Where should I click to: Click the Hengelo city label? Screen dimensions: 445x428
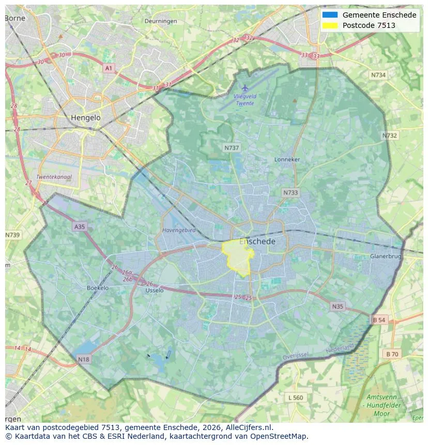tap(86, 118)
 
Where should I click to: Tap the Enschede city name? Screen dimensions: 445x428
tap(257, 241)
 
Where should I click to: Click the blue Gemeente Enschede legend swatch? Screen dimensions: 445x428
tap(330, 15)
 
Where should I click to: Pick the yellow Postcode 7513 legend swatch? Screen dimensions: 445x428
tap(330, 25)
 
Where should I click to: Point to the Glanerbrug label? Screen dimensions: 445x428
tap(386, 256)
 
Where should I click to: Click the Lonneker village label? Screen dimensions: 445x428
tap(287, 160)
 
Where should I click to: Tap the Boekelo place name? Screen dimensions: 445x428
tap(98, 288)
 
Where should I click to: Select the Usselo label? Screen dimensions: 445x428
tap(155, 290)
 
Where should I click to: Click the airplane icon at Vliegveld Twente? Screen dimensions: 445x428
tap(245, 88)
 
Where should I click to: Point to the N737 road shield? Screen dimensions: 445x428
tap(232, 148)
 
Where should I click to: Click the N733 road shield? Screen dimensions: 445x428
tap(291, 193)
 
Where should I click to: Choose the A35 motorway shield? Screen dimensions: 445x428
tap(79, 227)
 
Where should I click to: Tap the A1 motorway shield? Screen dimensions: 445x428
tap(108, 68)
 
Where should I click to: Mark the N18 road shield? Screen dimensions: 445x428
tap(83, 359)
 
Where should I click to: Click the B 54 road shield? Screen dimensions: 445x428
tap(379, 320)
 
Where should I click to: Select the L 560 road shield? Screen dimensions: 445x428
tap(296, 397)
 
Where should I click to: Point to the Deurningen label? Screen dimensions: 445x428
tap(161, 21)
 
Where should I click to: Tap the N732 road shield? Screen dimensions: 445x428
tap(390, 135)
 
